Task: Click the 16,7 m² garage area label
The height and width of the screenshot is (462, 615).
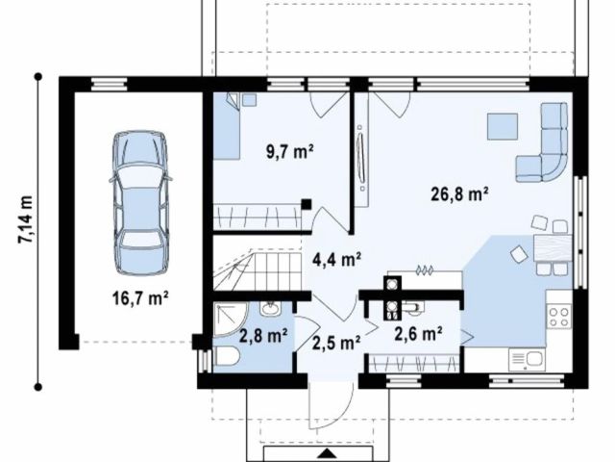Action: [140, 298]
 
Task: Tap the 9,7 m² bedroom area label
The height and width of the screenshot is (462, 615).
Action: [290, 152]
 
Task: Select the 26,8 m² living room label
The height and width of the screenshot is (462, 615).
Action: [459, 193]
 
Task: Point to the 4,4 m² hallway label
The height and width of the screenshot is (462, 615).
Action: [337, 259]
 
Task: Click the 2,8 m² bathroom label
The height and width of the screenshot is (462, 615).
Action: [263, 336]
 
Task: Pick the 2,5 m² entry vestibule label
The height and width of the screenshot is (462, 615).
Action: [336, 343]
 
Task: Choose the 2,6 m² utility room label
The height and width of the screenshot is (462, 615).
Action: [419, 334]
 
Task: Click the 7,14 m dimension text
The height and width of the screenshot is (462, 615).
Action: [26, 219]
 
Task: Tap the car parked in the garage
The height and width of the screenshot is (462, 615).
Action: [141, 203]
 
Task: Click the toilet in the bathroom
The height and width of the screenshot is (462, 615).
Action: [227, 357]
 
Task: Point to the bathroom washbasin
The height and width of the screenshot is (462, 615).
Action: [270, 308]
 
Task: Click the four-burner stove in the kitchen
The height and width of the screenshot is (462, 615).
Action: [559, 317]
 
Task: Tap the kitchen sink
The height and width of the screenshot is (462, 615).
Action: [527, 359]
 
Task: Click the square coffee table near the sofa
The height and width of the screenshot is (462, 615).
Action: [503, 126]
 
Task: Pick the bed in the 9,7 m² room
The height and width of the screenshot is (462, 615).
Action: [227, 126]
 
